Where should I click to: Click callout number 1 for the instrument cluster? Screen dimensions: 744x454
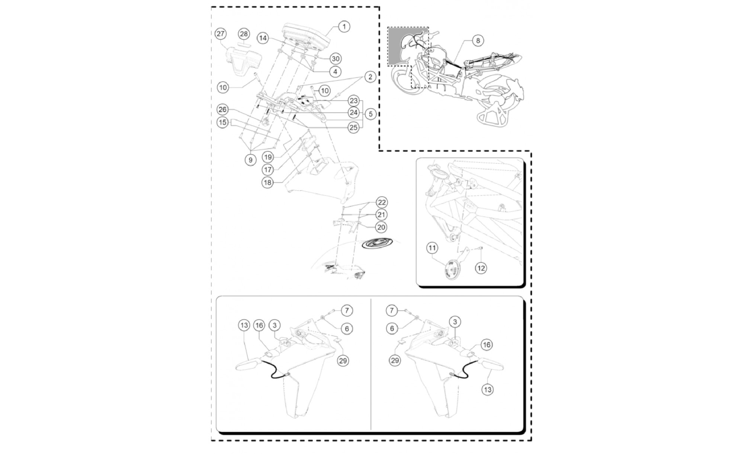[344, 26]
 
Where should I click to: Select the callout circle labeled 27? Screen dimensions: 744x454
[221, 34]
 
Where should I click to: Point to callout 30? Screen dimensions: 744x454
[336, 59]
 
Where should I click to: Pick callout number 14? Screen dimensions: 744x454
[263, 38]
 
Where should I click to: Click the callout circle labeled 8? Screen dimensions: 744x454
[478, 40]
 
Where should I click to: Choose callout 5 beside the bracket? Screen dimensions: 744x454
[371, 114]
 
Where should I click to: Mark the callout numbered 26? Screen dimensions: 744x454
[222, 109]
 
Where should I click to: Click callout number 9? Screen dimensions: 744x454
[250, 160]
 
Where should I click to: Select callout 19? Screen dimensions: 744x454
[268, 157]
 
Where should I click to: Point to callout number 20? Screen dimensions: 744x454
[381, 227]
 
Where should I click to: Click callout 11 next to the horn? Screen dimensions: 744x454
[432, 247]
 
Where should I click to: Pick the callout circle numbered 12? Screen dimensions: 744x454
[481, 268]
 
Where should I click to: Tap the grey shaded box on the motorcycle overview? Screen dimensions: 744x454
[408, 46]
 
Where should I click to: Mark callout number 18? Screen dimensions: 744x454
[267, 183]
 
